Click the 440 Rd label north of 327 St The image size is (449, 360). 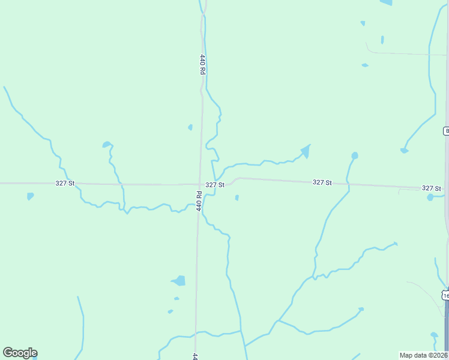point(203,64)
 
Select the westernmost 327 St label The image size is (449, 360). point(64,183)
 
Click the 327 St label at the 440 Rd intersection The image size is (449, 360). point(214,185)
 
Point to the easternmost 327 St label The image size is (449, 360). point(432,188)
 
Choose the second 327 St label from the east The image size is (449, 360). point(322,182)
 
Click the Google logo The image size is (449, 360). point(20,353)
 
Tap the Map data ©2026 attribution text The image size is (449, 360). point(423,355)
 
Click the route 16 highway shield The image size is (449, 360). point(445,295)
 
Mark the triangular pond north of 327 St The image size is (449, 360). point(306,151)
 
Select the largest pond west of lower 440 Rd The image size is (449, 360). point(179,280)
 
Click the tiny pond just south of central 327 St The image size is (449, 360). point(237,197)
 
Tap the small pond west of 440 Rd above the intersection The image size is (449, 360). point(190,127)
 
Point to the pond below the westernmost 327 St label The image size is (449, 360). point(30,196)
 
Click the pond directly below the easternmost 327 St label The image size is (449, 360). point(430,197)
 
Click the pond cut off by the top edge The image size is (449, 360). point(386,2)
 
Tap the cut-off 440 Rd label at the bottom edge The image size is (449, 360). point(196,356)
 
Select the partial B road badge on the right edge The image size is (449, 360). point(446,131)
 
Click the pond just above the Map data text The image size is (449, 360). point(434,335)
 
